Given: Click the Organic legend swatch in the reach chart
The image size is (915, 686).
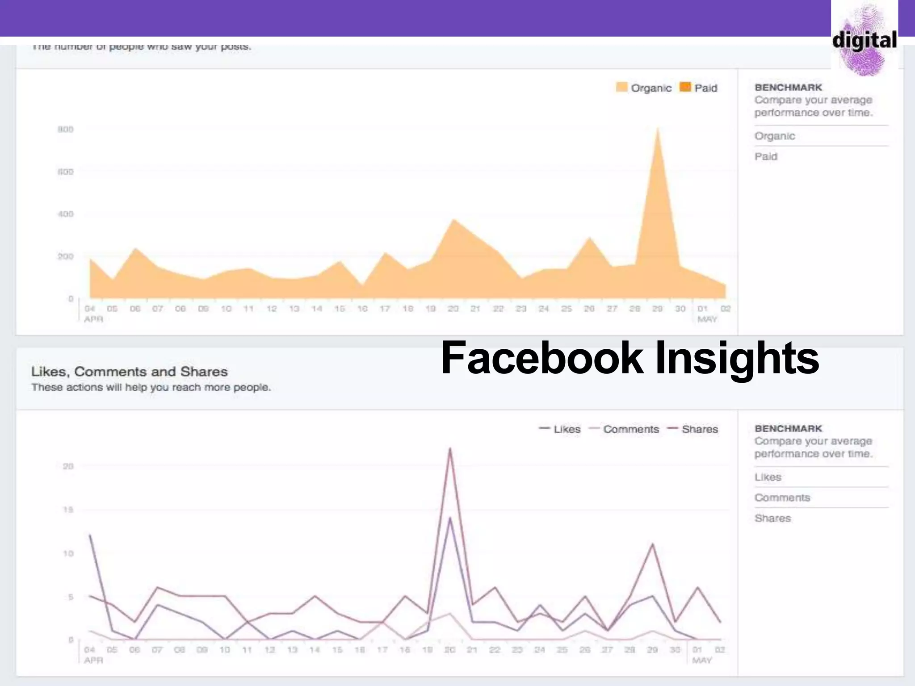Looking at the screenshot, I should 621,87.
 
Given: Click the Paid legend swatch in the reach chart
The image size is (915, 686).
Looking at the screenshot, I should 685,87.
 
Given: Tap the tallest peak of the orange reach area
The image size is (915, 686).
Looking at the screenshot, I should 658,129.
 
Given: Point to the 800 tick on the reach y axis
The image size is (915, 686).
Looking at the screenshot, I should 65,130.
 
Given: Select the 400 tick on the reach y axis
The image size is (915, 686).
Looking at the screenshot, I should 65,214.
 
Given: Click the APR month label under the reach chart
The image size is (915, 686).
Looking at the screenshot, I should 93,319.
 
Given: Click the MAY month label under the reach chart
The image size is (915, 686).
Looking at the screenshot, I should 707,319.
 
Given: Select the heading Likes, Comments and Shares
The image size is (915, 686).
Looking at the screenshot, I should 130,372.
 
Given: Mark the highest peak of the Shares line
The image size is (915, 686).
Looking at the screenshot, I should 450,448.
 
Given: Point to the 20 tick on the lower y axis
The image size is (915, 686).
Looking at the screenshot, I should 68,466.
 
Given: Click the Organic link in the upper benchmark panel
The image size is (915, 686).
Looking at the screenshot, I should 775,136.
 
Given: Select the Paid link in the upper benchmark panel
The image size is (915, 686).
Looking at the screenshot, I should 766,156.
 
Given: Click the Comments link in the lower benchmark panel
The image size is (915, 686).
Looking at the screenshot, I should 782,498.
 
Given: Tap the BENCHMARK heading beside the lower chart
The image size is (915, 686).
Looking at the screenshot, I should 788,428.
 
